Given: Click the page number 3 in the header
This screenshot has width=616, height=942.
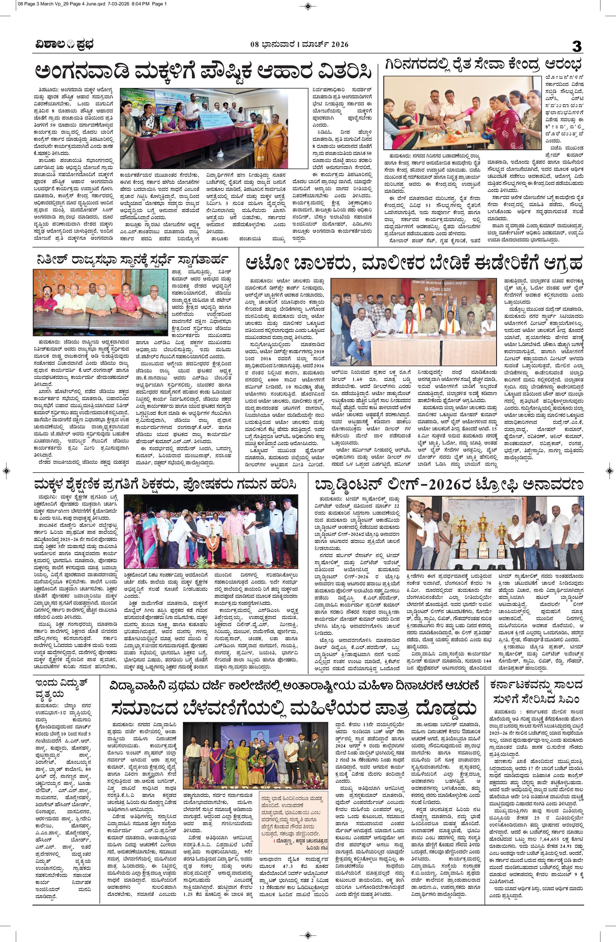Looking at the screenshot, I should [x=577, y=46].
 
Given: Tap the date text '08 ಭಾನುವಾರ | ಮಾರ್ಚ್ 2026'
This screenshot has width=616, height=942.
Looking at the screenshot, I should [x=299, y=45].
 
